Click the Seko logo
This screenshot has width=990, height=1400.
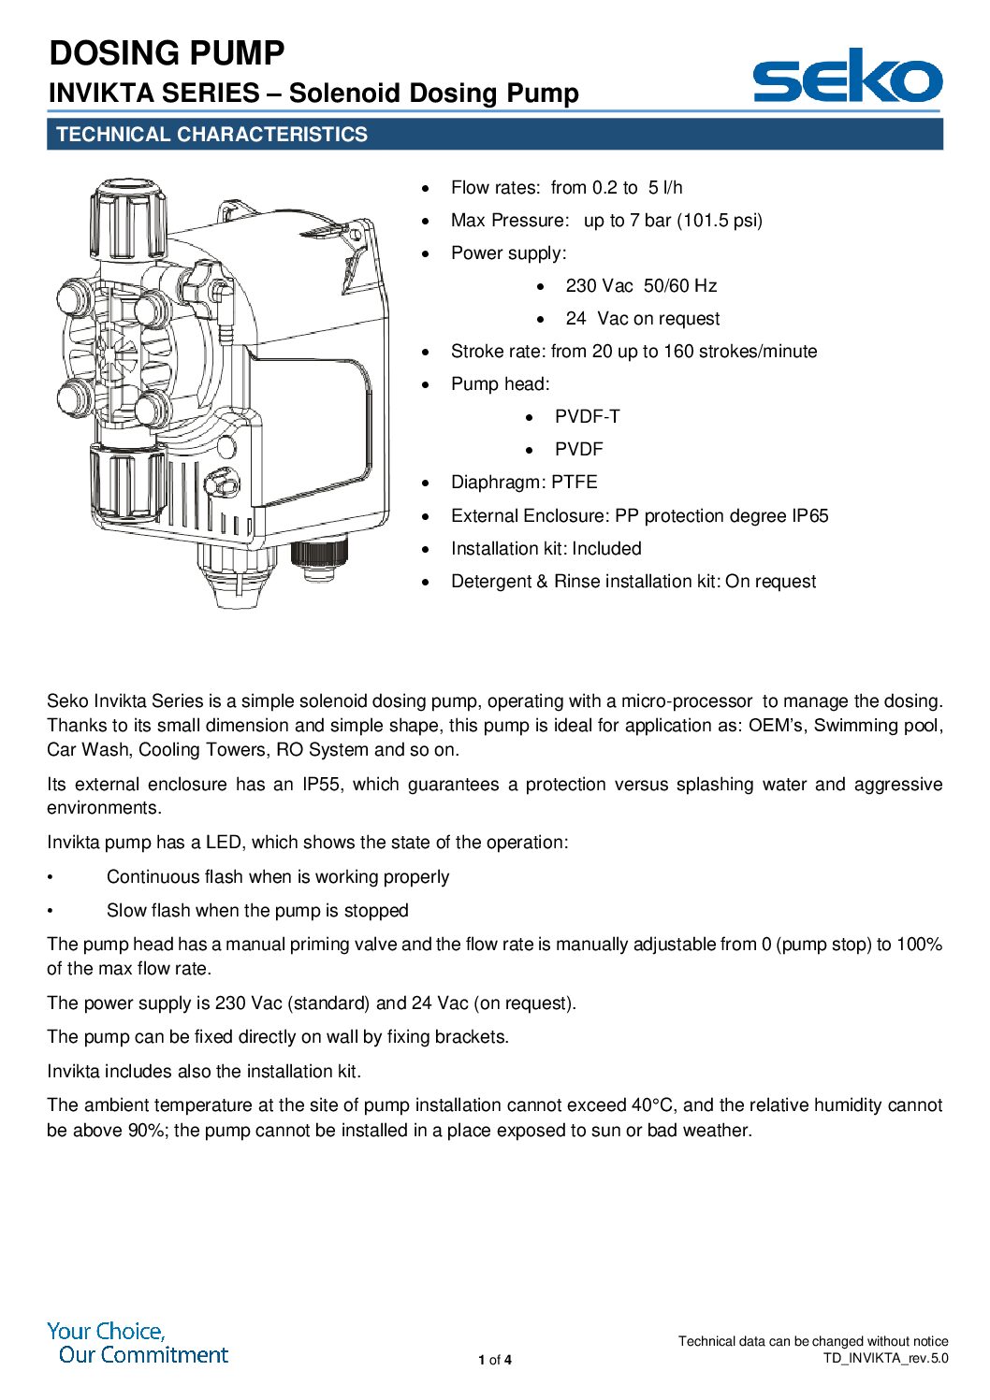pos(847,78)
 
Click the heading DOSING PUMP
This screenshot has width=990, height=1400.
pos(167,53)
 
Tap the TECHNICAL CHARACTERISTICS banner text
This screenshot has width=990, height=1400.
pos(211,135)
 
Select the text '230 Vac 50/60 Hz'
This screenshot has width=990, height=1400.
pos(641,286)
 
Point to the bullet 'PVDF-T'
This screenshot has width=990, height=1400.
pos(587,417)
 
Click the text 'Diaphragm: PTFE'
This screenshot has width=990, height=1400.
pos(524,483)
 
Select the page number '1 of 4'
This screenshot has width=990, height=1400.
pos(495,1360)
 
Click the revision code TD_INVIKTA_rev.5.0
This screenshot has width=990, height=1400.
pos(885,1358)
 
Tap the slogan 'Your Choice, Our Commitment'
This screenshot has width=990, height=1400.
pos(138,1343)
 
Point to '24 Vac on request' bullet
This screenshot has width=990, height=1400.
pos(642,319)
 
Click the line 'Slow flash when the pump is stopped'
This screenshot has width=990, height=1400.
pos(257,911)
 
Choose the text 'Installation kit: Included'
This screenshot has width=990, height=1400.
pos(546,549)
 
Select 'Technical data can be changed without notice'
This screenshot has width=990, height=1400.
pos(813,1341)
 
